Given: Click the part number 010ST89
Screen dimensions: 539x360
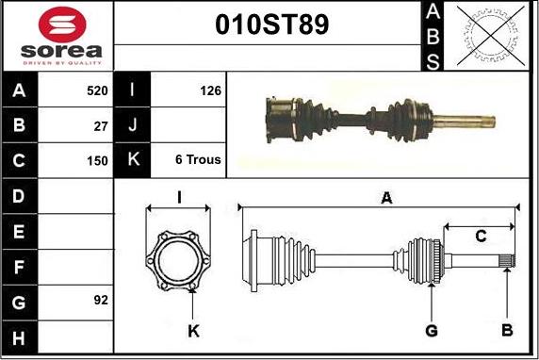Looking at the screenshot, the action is tap(272, 25).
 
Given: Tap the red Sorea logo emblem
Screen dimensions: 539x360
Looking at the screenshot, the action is tap(62, 25).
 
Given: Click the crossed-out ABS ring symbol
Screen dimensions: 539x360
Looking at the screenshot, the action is tap(491, 36).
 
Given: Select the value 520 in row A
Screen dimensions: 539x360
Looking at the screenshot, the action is tap(97, 90).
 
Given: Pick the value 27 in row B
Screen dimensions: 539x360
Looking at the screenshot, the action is tap(101, 126).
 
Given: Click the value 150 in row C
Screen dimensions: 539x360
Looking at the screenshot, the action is tap(97, 160).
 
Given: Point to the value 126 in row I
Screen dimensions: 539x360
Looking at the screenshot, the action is tap(210, 90).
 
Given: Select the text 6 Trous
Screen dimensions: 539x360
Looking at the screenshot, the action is tap(198, 159).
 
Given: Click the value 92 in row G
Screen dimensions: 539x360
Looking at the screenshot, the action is tap(101, 300).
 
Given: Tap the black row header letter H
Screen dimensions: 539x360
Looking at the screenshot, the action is tap(19, 338).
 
